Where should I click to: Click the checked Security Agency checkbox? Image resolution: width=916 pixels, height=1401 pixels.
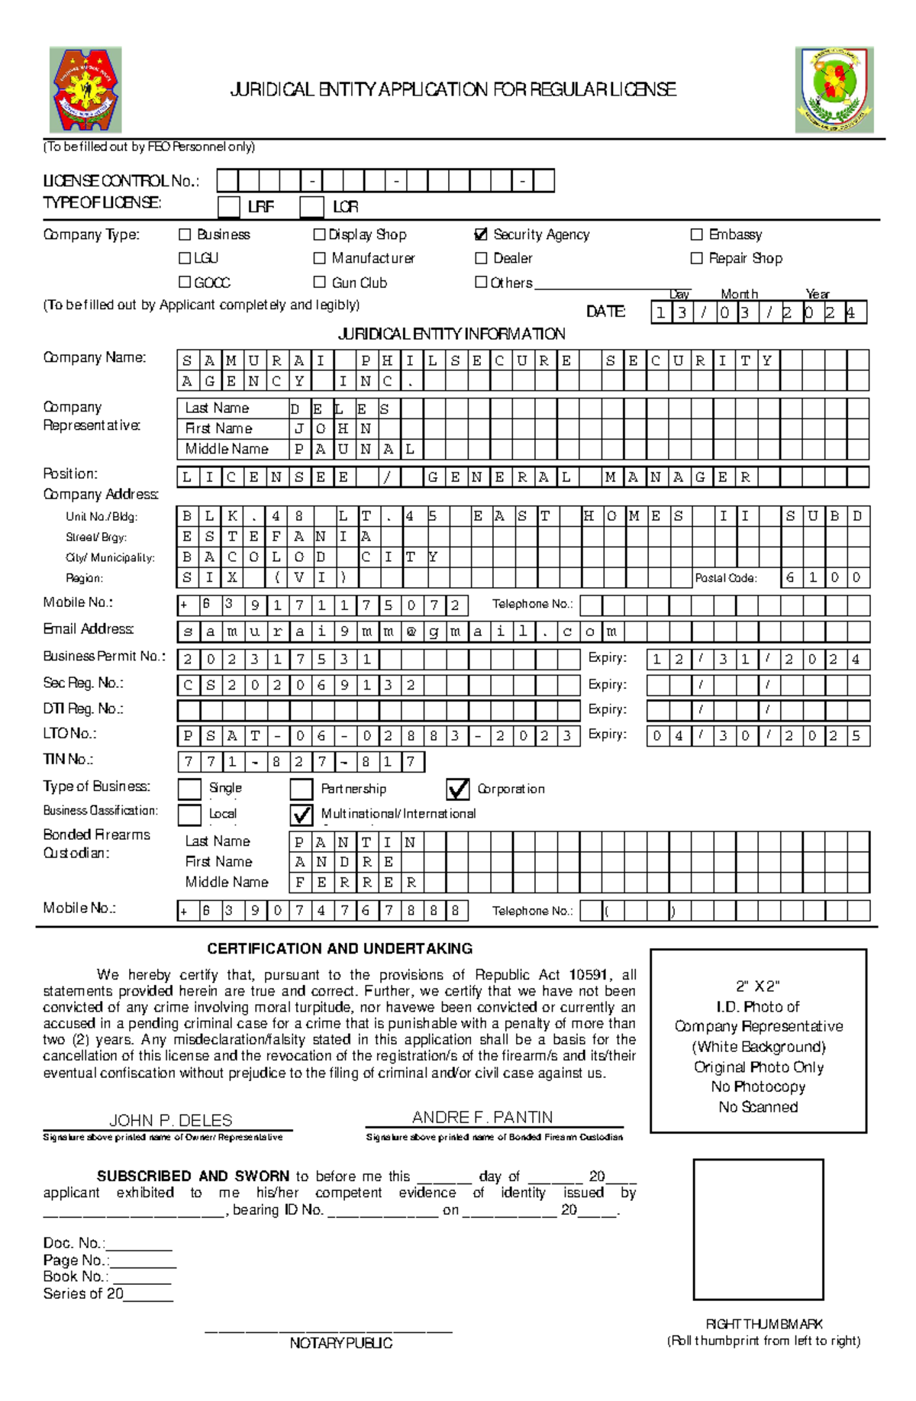point(481,234)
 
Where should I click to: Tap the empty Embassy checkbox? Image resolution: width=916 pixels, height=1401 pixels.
point(696,234)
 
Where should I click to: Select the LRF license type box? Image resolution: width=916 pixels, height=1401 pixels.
point(228,207)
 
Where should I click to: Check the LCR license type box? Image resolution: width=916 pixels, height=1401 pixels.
point(311,207)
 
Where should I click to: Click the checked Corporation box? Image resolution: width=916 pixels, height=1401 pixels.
point(458,789)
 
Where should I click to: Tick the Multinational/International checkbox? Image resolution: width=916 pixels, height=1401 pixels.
point(302,815)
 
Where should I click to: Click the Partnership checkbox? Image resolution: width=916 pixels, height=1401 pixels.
point(302,789)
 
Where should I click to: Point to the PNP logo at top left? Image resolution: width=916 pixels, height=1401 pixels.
point(85,90)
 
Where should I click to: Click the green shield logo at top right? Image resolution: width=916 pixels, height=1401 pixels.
point(834,90)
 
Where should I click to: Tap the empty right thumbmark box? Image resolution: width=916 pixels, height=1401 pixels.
point(758,1229)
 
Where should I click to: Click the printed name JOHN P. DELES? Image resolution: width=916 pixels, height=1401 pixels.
point(170,1120)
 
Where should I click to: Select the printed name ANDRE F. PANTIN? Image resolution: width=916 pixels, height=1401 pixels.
point(482,1117)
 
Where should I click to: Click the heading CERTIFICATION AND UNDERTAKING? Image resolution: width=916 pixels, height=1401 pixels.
point(340,948)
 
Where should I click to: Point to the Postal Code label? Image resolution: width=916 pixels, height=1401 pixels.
point(725,578)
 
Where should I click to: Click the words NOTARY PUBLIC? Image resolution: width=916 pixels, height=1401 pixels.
point(340,1343)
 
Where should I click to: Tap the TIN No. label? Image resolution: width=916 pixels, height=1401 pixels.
point(68,759)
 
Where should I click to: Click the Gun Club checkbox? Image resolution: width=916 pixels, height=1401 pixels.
point(319,282)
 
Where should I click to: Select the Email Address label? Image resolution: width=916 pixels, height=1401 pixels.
point(88,629)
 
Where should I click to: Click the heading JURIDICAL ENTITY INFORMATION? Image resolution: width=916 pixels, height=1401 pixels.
point(451,334)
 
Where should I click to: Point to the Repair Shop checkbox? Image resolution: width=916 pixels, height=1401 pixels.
point(696,258)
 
